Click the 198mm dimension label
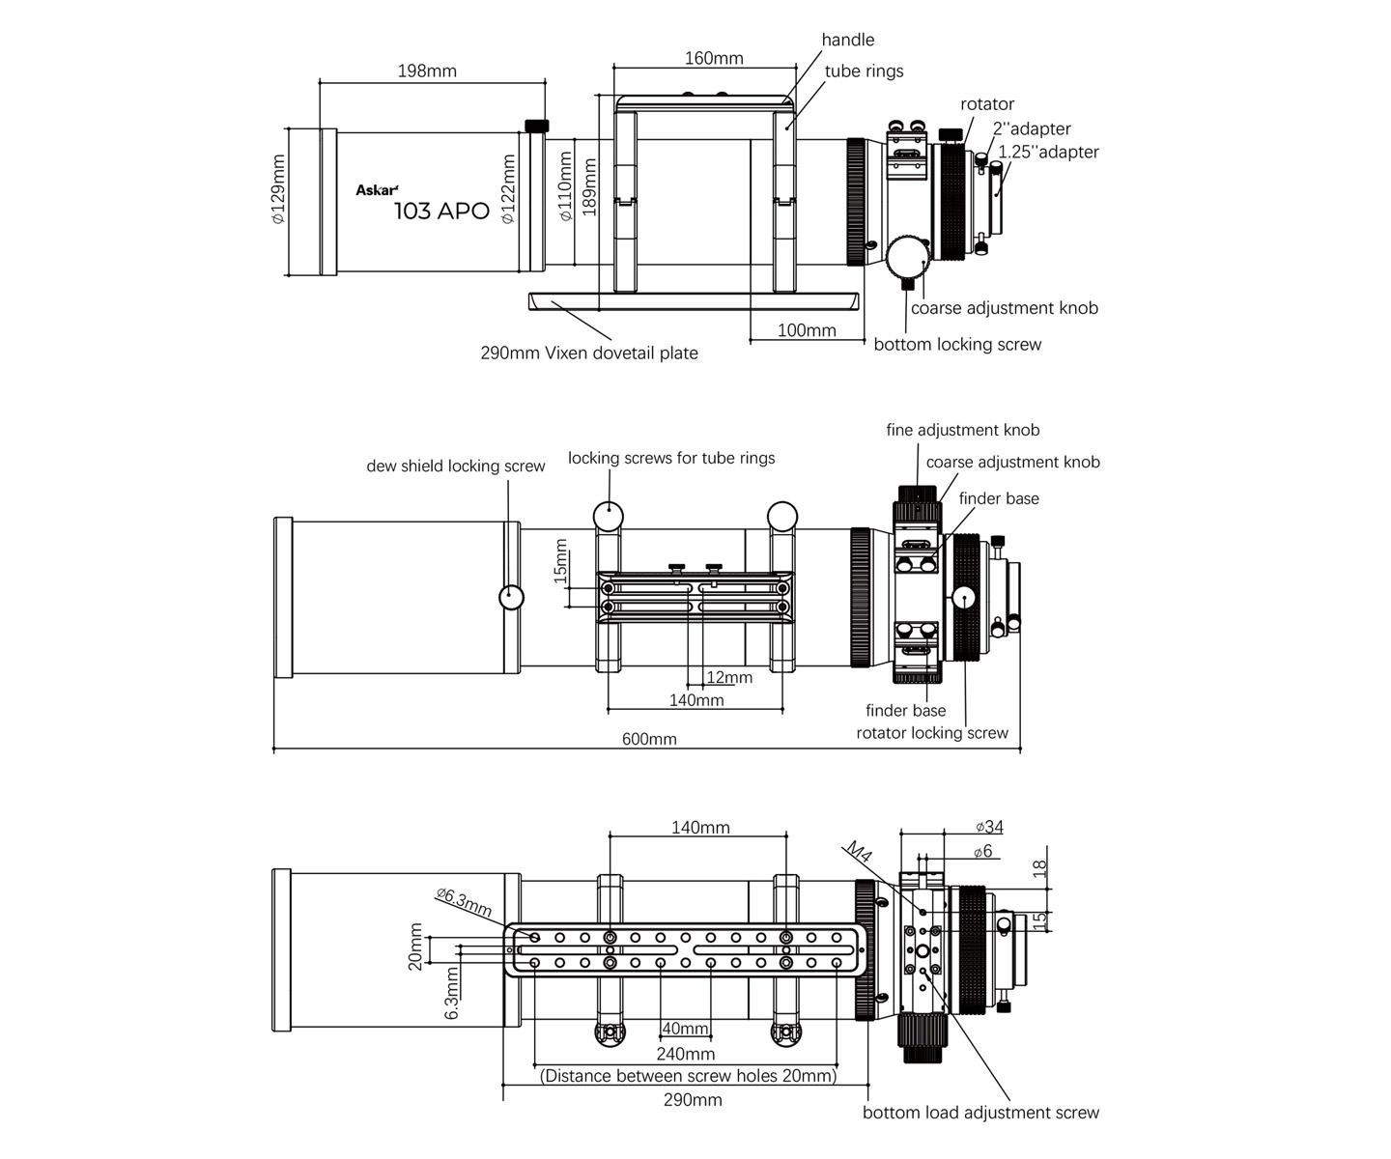[x=427, y=71]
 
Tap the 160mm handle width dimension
[x=714, y=58]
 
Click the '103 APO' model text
[x=441, y=212]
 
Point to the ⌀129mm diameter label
[x=278, y=189]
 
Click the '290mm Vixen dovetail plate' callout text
[x=589, y=353]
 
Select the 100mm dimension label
[x=807, y=330]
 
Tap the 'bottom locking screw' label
[x=957, y=345]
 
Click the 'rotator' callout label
[x=987, y=104]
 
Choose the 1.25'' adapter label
[x=1049, y=152]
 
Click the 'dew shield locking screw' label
[x=455, y=466]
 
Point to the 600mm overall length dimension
[x=649, y=739]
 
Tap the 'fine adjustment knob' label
[x=963, y=430]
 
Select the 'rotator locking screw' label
[x=932, y=733]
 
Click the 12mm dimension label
[x=729, y=677]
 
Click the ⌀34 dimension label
[x=989, y=827]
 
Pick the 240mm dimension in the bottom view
[x=686, y=1054]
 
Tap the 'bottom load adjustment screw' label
[x=980, y=1113]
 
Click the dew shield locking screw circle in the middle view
[x=511, y=597]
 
